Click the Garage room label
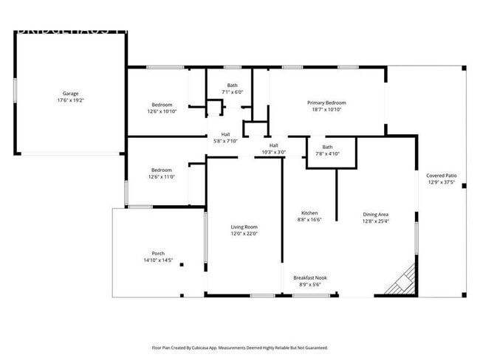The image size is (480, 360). [x=70, y=94]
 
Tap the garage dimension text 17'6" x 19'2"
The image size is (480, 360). [x=70, y=100]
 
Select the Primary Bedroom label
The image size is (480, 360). [x=326, y=103]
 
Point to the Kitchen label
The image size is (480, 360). [x=309, y=213]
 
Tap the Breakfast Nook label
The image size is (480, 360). [x=310, y=277]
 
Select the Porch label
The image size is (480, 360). [x=158, y=254]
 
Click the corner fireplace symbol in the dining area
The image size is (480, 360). [x=403, y=280]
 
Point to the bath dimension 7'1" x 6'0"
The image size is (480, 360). [x=232, y=92]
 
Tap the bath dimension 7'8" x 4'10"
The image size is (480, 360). [x=327, y=153]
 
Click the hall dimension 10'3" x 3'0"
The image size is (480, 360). [x=273, y=152]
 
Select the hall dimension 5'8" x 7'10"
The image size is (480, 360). [x=225, y=141]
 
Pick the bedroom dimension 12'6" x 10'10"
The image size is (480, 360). [x=162, y=111]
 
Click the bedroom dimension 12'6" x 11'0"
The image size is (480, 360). [x=162, y=177]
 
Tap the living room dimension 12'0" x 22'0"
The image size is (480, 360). [x=244, y=234]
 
